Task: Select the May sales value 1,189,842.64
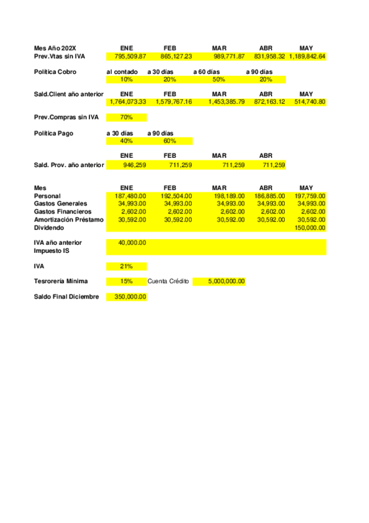307,56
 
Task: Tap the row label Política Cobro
55,72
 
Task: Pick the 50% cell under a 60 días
219,80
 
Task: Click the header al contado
122,72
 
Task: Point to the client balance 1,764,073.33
126,102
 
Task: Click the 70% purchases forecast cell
126,117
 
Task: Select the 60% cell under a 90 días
169,141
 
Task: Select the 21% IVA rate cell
126,266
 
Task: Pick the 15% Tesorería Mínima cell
126,281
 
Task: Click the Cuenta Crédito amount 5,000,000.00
227,281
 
